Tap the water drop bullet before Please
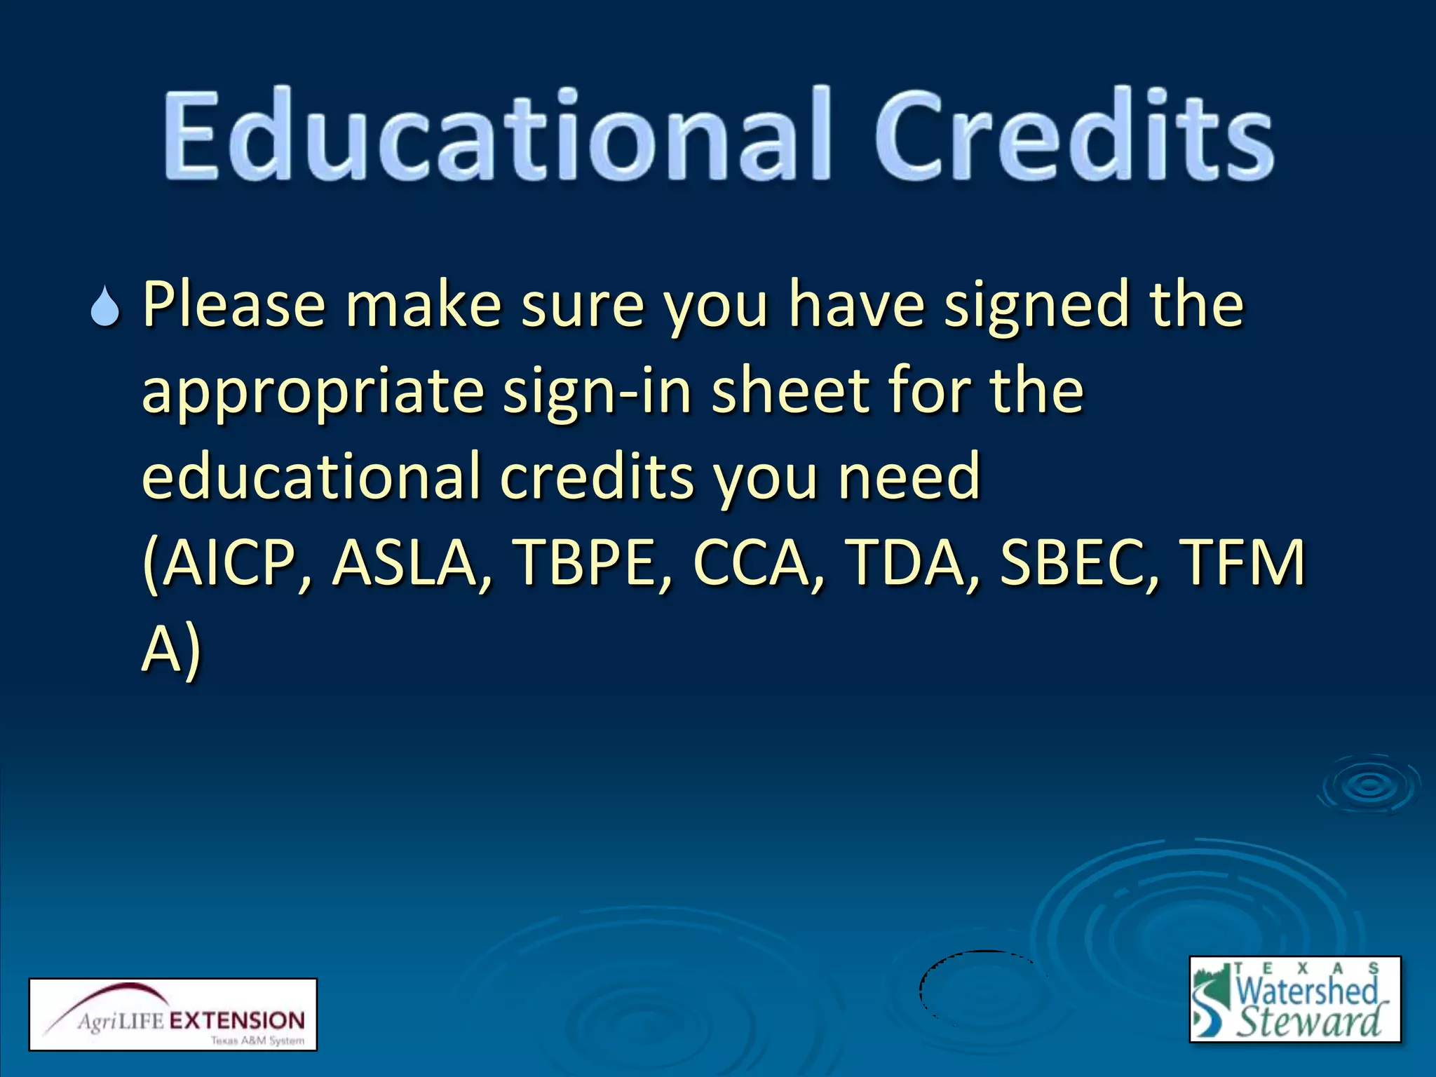106,307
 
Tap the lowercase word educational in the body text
310,477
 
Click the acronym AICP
228,564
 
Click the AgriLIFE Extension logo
173,1015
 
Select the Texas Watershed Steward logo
1294,998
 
